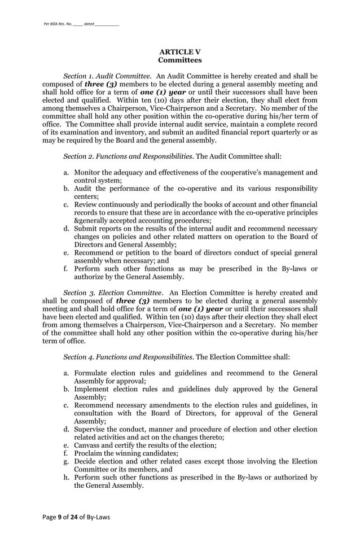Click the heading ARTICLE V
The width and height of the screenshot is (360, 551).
179,52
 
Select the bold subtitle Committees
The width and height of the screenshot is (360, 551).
179,60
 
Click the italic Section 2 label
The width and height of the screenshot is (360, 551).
128,156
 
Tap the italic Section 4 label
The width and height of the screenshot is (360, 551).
128,357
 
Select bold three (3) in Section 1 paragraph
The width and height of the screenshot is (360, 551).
102,84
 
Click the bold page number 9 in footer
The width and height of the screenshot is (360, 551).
59,531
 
